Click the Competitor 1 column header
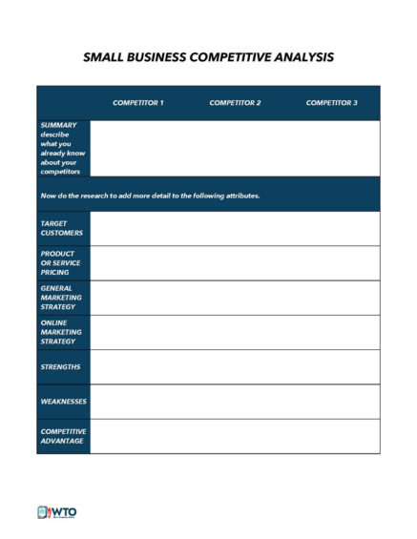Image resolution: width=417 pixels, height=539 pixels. click(138, 102)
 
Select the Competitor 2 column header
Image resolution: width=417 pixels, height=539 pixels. click(235, 102)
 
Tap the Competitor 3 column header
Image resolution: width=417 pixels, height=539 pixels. click(331, 102)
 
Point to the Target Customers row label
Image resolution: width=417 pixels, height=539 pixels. click(62, 228)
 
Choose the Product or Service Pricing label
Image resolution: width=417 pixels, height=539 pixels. click(61, 262)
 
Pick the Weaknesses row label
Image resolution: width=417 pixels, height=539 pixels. click(63, 401)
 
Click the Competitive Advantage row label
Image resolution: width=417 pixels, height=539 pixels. click(63, 436)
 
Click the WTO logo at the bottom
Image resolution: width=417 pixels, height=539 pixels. click(56, 512)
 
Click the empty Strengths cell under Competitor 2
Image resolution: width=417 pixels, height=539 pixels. click(235, 366)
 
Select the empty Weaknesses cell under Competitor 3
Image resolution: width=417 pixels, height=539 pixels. click(331, 401)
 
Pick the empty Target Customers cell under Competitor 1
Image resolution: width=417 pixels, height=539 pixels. click(138, 228)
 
